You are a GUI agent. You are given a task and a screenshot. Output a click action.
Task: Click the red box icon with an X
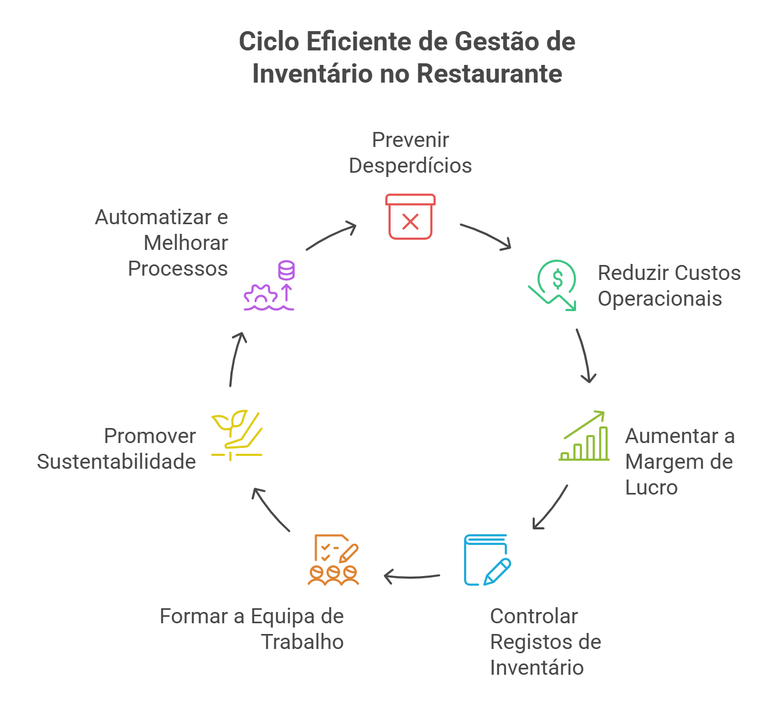tap(410, 217)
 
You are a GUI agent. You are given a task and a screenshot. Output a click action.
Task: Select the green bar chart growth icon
tap(584, 437)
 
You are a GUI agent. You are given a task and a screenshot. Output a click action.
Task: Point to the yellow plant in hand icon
tap(236, 435)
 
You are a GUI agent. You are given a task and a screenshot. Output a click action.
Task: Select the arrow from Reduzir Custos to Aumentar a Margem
tap(585, 356)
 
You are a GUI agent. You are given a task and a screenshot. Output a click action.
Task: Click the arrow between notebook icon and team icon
tap(412, 577)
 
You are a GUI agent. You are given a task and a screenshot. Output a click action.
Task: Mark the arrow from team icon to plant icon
tap(271, 510)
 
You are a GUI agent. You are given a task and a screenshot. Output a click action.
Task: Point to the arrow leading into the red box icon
tap(331, 236)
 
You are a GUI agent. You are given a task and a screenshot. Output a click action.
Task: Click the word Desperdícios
tap(410, 166)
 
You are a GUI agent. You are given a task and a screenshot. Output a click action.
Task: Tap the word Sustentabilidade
tap(116, 462)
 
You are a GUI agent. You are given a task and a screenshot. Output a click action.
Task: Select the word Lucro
tap(651, 488)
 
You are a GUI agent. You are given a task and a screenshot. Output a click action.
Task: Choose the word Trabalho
tap(302, 642)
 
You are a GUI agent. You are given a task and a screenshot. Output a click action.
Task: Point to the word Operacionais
tap(660, 299)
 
